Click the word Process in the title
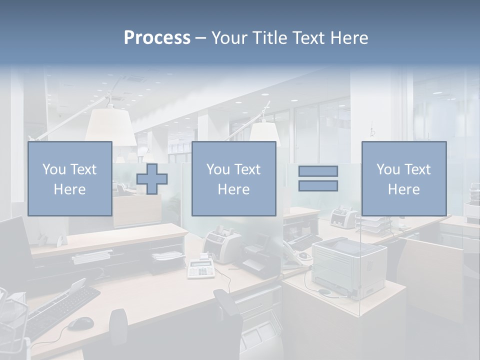[157, 38]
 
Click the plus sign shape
[152, 179]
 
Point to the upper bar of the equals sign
[318, 171]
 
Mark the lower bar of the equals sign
[318, 186]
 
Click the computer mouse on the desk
[80, 324]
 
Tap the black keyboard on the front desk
[60, 310]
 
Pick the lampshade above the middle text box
[264, 133]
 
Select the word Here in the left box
[69, 189]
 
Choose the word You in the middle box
[218, 169]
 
